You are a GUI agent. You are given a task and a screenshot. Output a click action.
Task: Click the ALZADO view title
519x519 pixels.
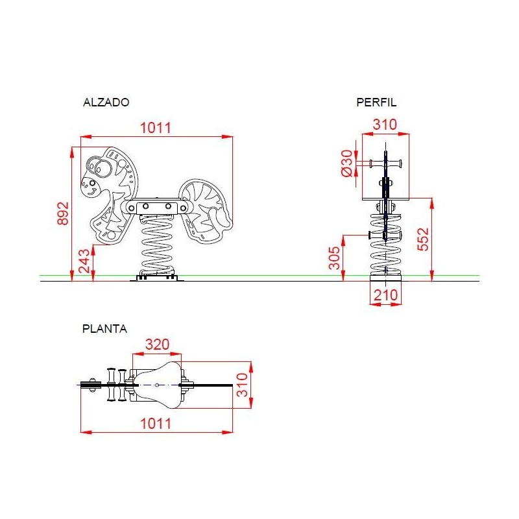click(x=106, y=102)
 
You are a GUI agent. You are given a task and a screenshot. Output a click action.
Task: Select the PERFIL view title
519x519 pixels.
click(x=376, y=102)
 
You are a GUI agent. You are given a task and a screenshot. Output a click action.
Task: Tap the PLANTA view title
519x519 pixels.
click(x=104, y=328)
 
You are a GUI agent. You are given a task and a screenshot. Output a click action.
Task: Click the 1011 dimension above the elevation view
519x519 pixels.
click(x=156, y=128)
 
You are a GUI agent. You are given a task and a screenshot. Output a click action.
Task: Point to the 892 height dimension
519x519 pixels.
click(x=63, y=213)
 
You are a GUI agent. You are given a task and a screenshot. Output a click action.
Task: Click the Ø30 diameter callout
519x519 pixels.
click(x=346, y=162)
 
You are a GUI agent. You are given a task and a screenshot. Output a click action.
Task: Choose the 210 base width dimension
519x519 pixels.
click(x=385, y=295)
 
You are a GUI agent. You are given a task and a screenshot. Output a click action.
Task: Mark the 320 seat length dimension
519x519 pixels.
click(x=156, y=345)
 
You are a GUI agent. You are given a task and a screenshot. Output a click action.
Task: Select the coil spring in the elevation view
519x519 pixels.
click(x=156, y=243)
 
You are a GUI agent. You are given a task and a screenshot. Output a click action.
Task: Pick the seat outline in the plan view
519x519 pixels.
click(x=156, y=386)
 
